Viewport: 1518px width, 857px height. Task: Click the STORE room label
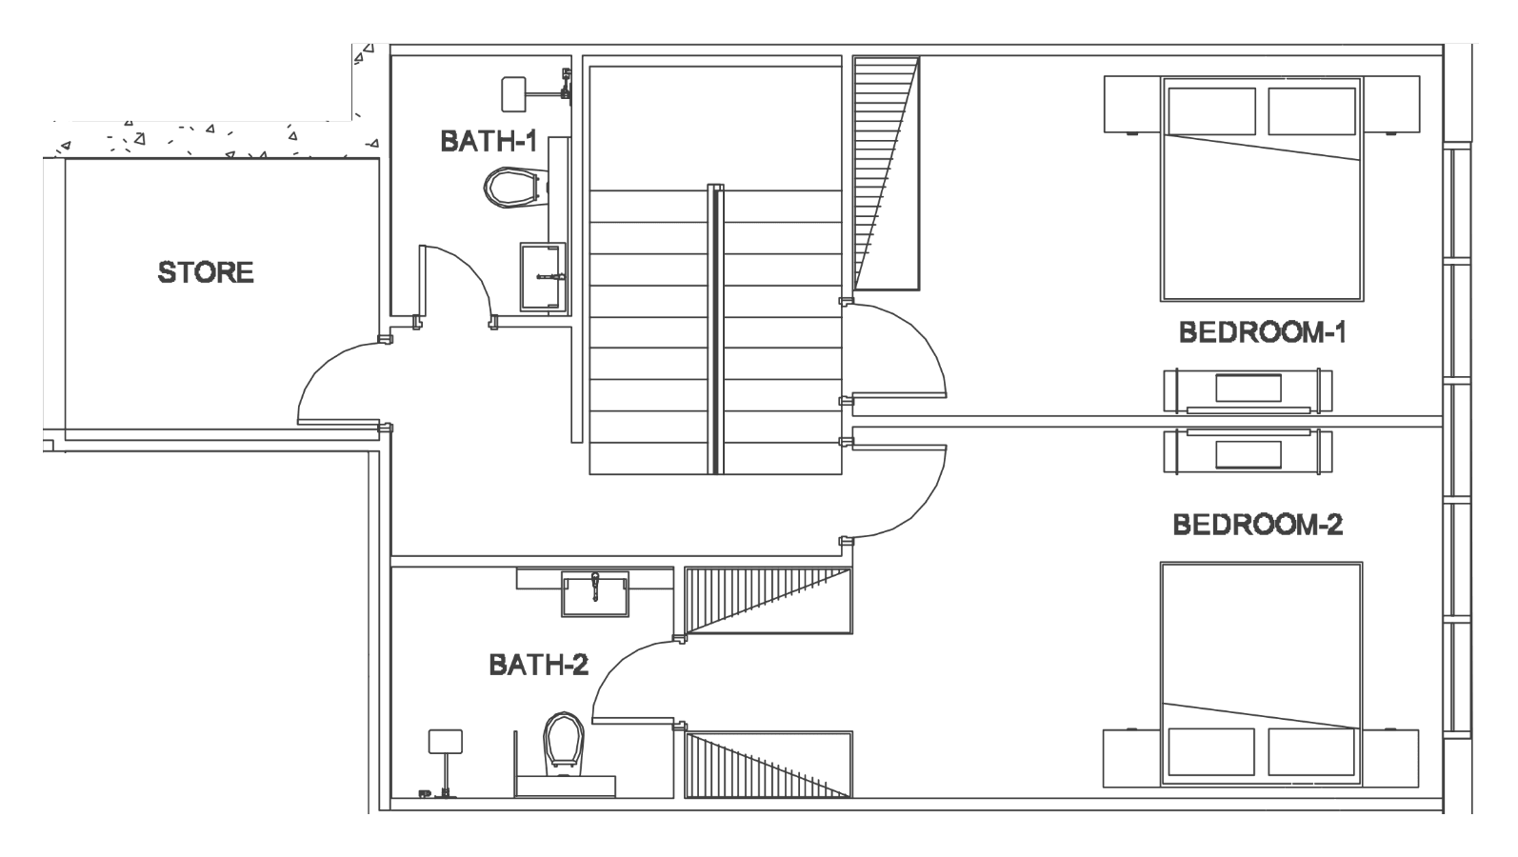pyautogui.click(x=206, y=272)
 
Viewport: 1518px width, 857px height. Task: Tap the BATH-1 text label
pyautogui.click(x=489, y=142)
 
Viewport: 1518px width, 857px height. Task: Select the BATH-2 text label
pyautogui.click(x=539, y=665)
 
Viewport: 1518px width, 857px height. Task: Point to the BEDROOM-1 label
pyautogui.click(x=1263, y=332)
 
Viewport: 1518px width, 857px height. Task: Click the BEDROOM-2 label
pyautogui.click(x=1258, y=525)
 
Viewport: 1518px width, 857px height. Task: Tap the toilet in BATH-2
pyautogui.click(x=564, y=743)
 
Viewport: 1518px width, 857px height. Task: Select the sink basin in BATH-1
pyautogui.click(x=543, y=277)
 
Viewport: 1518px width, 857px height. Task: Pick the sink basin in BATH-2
pyautogui.click(x=595, y=593)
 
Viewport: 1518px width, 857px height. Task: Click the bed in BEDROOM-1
pyautogui.click(x=1261, y=189)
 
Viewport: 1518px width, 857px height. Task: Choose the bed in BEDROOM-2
pyautogui.click(x=1261, y=674)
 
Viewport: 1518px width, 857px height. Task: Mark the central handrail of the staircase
pyautogui.click(x=715, y=329)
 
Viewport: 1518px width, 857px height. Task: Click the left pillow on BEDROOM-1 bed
pyautogui.click(x=1211, y=111)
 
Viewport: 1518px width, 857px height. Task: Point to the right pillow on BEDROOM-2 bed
pyautogui.click(x=1312, y=752)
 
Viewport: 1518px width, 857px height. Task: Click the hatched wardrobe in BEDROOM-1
pyautogui.click(x=886, y=173)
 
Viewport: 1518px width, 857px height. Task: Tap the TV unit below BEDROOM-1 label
pyautogui.click(x=1248, y=391)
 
